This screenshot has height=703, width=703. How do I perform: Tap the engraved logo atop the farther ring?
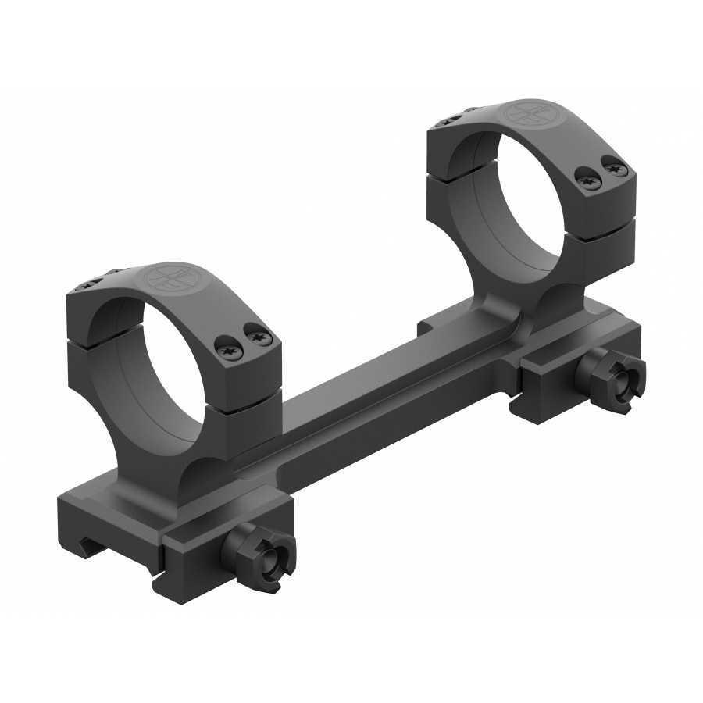(524, 114)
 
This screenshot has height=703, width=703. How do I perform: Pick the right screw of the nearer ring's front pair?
(256, 337)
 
